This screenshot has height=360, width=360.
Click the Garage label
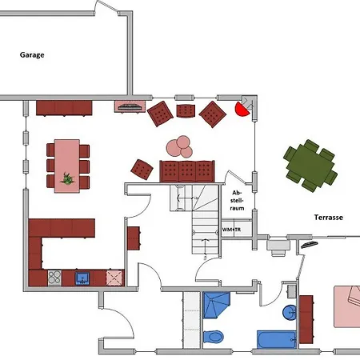(32, 55)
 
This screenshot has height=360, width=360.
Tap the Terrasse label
(329, 218)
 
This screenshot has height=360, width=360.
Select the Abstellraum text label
(237, 200)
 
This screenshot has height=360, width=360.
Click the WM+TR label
(231, 230)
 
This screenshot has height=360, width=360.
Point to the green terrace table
(310, 166)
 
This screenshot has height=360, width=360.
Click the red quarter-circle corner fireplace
(242, 109)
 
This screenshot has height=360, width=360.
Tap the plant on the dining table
(67, 178)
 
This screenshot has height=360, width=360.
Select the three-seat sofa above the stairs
(187, 171)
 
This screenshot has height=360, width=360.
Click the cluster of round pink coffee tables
(180, 146)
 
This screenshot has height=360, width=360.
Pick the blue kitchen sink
(82, 278)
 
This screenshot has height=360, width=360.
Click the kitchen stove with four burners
(54, 278)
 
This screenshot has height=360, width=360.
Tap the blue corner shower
(216, 305)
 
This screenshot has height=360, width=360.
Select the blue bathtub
(277, 339)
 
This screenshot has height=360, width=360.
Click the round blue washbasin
(290, 312)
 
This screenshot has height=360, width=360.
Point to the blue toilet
(213, 337)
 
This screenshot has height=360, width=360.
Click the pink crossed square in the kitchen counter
(115, 278)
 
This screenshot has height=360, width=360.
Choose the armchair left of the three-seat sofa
(142, 170)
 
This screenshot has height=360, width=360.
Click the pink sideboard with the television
(130, 106)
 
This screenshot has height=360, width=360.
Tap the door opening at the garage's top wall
(106, 7)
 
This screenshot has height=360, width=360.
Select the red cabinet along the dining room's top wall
(64, 108)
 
